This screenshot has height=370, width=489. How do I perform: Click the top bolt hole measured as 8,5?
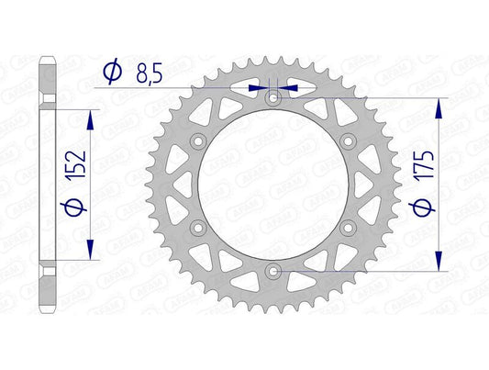point(272,97)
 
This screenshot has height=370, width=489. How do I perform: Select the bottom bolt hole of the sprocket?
point(272,270)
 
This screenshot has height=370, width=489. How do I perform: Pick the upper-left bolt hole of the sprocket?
point(197,140)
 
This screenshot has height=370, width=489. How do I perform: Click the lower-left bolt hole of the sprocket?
point(197,227)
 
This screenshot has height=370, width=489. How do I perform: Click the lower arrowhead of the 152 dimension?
point(90,252)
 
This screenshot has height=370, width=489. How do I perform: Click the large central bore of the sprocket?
point(272,184)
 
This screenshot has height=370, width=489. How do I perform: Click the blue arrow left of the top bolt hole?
point(257,89)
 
